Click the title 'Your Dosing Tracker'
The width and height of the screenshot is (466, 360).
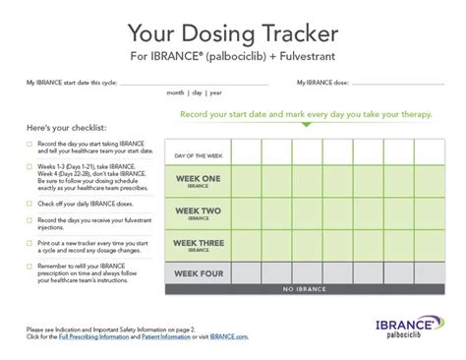[x=233, y=25]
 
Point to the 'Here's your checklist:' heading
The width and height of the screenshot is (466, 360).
[x=69, y=130]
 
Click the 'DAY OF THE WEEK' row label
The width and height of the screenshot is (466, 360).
[x=202, y=155]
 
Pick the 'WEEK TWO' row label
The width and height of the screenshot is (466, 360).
[x=200, y=212]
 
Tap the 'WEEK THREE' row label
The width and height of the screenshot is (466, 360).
[x=200, y=243]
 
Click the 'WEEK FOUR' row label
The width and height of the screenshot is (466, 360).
[x=200, y=272]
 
